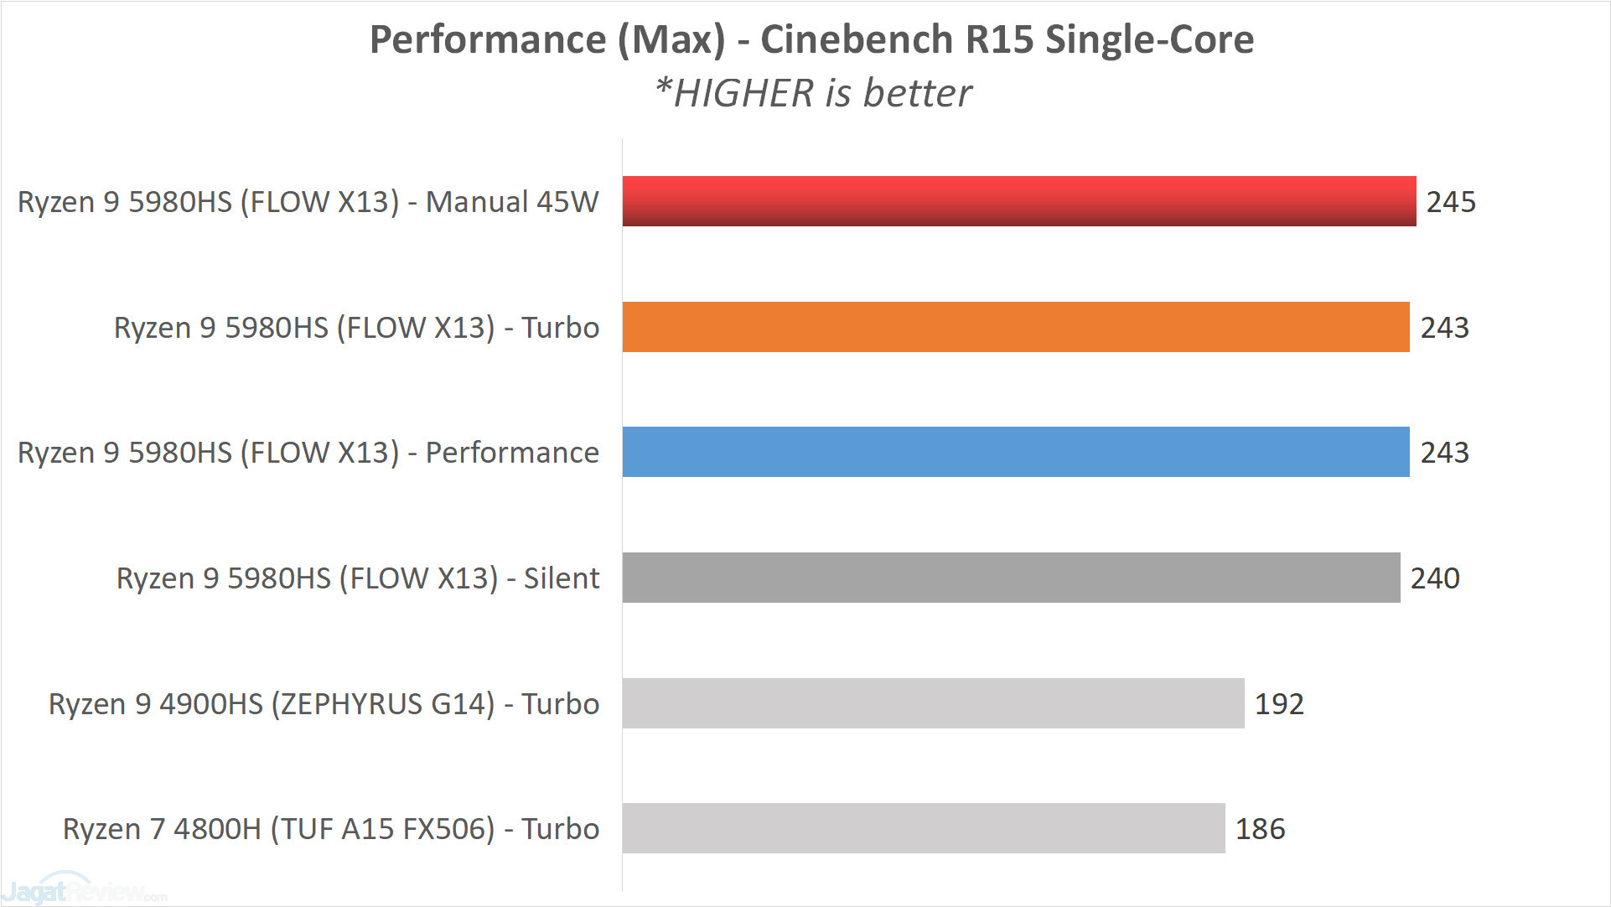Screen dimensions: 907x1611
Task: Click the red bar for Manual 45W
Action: [1018, 201]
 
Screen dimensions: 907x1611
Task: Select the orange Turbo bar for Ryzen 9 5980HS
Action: [1015, 327]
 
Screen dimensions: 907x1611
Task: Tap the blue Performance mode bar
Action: [1015, 452]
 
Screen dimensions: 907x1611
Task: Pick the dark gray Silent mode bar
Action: [1011, 578]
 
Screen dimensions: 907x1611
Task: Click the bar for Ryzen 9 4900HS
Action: [933, 703]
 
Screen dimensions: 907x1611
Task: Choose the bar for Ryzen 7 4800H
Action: [923, 828]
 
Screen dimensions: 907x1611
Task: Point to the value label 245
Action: [1451, 202]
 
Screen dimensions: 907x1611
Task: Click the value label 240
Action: [1434, 578]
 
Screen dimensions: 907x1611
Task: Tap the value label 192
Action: [1278, 704]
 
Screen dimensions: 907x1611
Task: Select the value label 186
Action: [1260, 829]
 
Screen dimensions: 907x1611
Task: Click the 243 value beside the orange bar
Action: [1444, 328]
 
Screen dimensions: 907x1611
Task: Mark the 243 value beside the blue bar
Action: [1444, 453]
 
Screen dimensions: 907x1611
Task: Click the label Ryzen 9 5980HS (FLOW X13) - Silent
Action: [358, 578]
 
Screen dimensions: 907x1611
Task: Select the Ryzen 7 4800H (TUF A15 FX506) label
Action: [331, 829]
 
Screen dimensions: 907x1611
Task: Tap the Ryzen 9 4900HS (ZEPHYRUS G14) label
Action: [324, 704]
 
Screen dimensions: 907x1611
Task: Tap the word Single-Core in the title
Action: [1149, 39]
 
